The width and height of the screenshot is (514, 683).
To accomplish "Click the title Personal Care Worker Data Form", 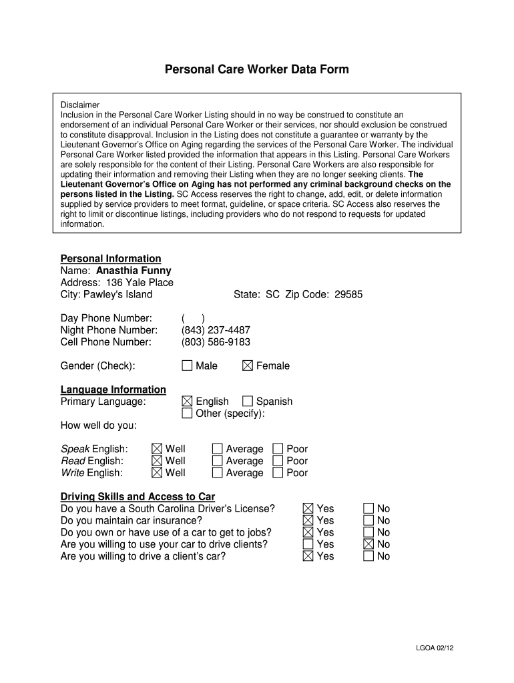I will [257, 69].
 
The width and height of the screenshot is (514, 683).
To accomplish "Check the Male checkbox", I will [187, 366].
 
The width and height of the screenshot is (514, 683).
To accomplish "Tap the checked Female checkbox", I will [248, 366].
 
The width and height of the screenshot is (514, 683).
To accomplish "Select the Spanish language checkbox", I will [248, 402].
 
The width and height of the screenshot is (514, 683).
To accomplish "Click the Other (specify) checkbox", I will [187, 414].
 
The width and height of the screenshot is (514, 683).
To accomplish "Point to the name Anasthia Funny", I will [134, 271].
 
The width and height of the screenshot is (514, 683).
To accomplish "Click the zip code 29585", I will [348, 295].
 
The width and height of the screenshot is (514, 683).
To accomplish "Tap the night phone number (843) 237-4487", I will [216, 330].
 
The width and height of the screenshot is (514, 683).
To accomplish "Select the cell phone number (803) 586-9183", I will [216, 342].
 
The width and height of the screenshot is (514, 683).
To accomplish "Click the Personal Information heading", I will [111, 259].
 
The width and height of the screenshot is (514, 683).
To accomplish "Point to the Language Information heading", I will [113, 390].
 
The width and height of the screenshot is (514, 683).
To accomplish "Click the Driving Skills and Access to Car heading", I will [138, 497].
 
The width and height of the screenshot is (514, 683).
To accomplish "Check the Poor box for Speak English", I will [278, 449].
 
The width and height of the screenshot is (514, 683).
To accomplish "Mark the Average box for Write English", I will [218, 473].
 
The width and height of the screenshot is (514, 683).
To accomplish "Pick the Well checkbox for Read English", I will [157, 461].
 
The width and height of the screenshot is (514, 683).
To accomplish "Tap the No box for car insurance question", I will [368, 520].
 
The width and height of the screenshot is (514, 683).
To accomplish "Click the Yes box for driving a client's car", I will [308, 556].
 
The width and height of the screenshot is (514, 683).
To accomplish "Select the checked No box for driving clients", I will [368, 544].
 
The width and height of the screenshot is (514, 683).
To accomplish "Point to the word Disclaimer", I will [80, 105].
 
